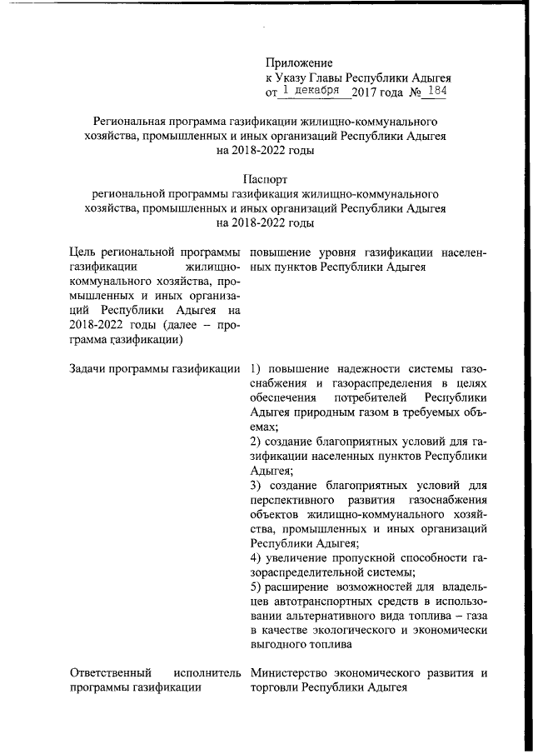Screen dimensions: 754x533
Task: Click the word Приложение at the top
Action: coord(299,62)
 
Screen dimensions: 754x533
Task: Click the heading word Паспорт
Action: coord(265,178)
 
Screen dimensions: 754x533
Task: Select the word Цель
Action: coord(86,252)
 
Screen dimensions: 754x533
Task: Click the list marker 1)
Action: coord(257,368)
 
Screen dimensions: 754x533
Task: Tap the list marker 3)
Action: coord(257,484)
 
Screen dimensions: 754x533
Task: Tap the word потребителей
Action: coord(369,397)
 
